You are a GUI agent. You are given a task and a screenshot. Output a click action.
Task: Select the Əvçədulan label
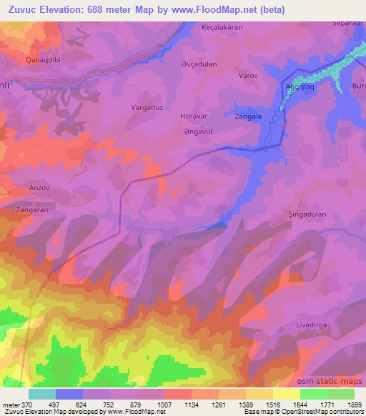tap(199, 64)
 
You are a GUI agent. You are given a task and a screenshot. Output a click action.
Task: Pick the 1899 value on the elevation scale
tap(354, 405)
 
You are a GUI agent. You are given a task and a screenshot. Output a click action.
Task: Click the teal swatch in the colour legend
tap(42, 394)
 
